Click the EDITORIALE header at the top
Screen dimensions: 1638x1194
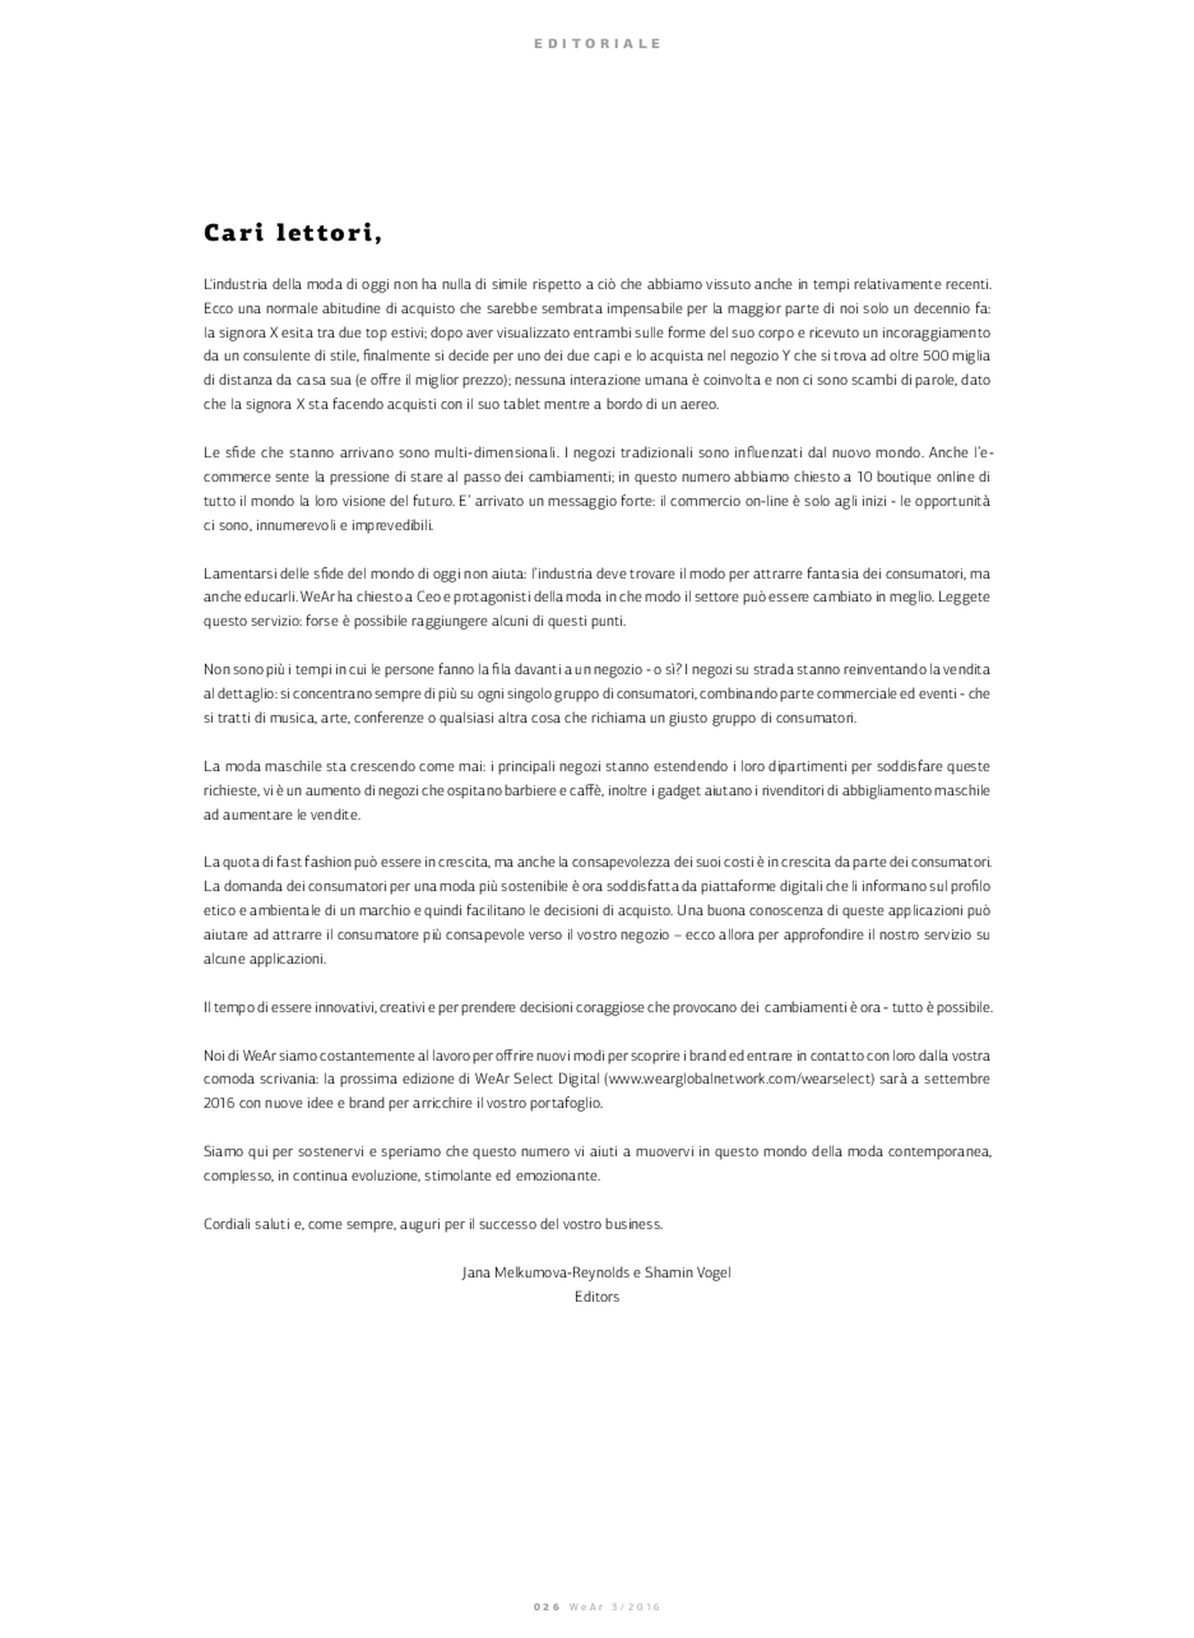pos(597,43)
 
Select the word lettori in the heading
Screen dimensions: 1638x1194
pos(329,233)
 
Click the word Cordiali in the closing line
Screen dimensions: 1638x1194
pos(226,1223)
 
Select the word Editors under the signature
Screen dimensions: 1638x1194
pos(597,1297)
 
